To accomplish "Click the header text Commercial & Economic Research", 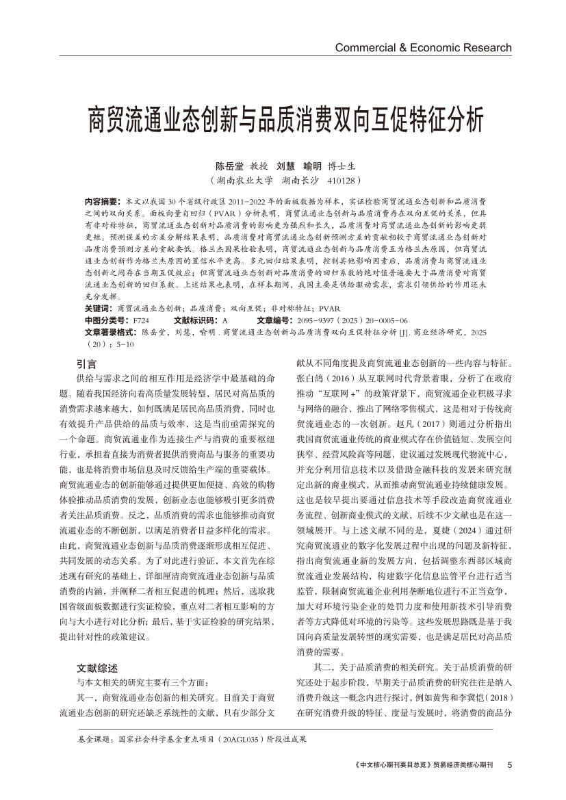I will [423, 47].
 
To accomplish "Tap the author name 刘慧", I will [285, 166].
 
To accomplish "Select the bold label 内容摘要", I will [101, 203].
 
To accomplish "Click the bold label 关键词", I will [98, 309].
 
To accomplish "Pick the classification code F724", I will [141, 320].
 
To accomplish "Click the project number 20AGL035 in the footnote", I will [241, 739].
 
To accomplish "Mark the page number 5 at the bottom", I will [509, 764].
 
